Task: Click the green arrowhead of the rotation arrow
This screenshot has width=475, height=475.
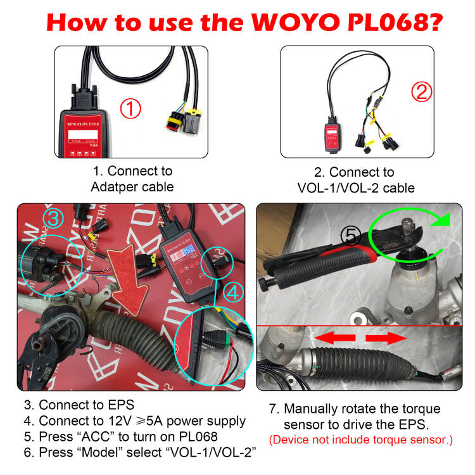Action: click(443, 222)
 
